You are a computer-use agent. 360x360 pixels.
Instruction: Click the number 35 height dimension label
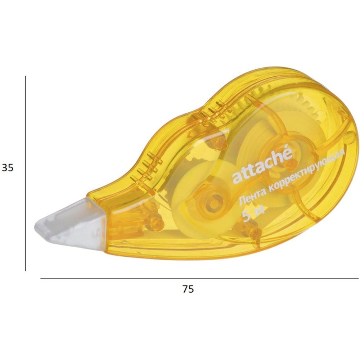click(8, 168)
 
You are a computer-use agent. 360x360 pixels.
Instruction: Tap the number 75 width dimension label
click(188, 289)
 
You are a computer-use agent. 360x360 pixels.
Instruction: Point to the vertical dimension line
click(26, 174)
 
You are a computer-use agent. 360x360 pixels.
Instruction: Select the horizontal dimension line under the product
click(199, 279)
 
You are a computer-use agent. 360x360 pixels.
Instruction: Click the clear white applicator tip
click(71, 220)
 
